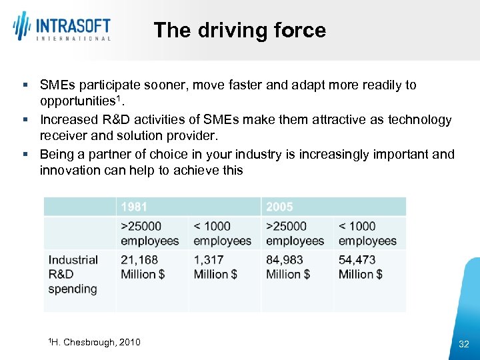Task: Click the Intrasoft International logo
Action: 61,27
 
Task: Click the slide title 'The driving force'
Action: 239,30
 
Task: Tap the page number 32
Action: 464,344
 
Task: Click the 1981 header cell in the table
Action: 134,207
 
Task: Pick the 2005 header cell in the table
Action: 279,207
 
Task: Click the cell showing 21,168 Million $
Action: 143,267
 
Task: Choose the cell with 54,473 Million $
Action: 361,267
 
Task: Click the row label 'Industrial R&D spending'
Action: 73,274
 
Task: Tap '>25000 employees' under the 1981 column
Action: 149,233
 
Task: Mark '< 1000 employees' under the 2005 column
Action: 367,233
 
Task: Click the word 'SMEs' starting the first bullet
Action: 57,85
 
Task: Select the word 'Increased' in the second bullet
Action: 68,119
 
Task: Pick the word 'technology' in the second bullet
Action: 421,119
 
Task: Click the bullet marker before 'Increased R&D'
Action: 25,120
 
